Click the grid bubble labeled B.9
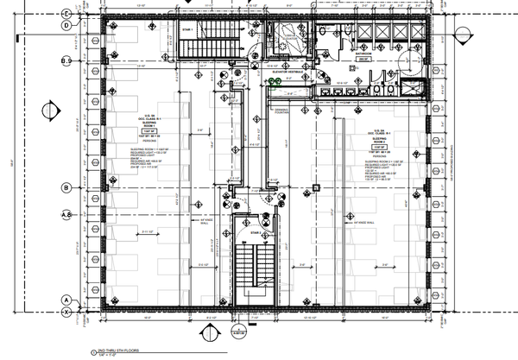[x=65, y=61]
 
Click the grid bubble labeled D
[x=66, y=25]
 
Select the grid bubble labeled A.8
[x=65, y=215]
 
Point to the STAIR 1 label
[x=186, y=29]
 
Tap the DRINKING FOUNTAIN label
[x=281, y=112]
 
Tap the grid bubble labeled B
[x=66, y=187]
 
